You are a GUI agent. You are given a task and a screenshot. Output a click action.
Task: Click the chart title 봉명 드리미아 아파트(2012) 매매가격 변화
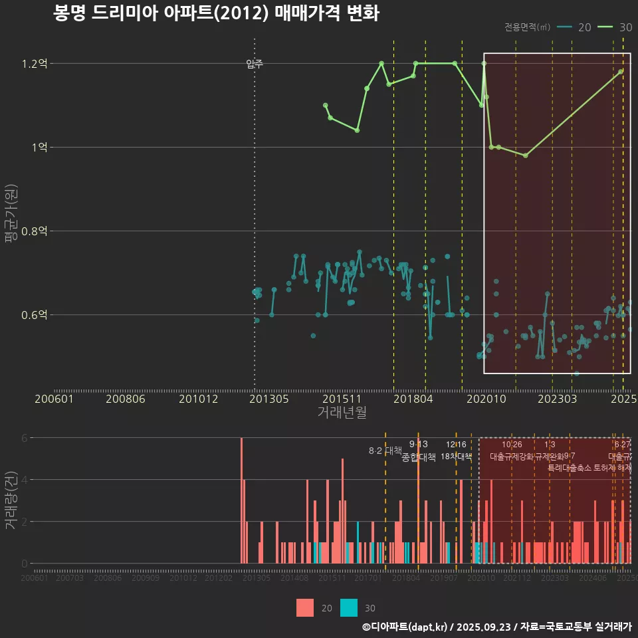[216, 13]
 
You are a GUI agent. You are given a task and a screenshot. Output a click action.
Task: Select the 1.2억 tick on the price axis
[35, 64]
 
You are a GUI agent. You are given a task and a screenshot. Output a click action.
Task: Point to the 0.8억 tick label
[35, 231]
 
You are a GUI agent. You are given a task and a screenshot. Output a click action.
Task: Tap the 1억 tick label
[39, 148]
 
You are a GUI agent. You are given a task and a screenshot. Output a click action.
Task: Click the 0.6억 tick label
[35, 315]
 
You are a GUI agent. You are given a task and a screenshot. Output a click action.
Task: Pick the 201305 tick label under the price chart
[268, 399]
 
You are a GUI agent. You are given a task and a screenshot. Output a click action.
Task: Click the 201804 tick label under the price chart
[413, 399]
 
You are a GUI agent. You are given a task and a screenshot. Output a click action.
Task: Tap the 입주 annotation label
[255, 64]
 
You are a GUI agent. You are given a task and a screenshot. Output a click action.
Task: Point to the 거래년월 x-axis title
[342, 412]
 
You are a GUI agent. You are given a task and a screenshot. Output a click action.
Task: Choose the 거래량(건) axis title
[10, 500]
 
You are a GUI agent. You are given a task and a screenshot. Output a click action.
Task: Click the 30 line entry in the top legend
[615, 27]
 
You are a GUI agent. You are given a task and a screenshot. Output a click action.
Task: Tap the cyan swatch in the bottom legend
[349, 607]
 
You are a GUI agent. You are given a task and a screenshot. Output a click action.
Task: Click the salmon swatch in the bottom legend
[305, 607]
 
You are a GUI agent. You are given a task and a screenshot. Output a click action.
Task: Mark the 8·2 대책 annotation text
[385, 450]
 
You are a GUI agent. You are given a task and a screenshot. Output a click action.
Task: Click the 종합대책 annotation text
[419, 457]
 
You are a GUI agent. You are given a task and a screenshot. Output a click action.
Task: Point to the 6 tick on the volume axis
[25, 438]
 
